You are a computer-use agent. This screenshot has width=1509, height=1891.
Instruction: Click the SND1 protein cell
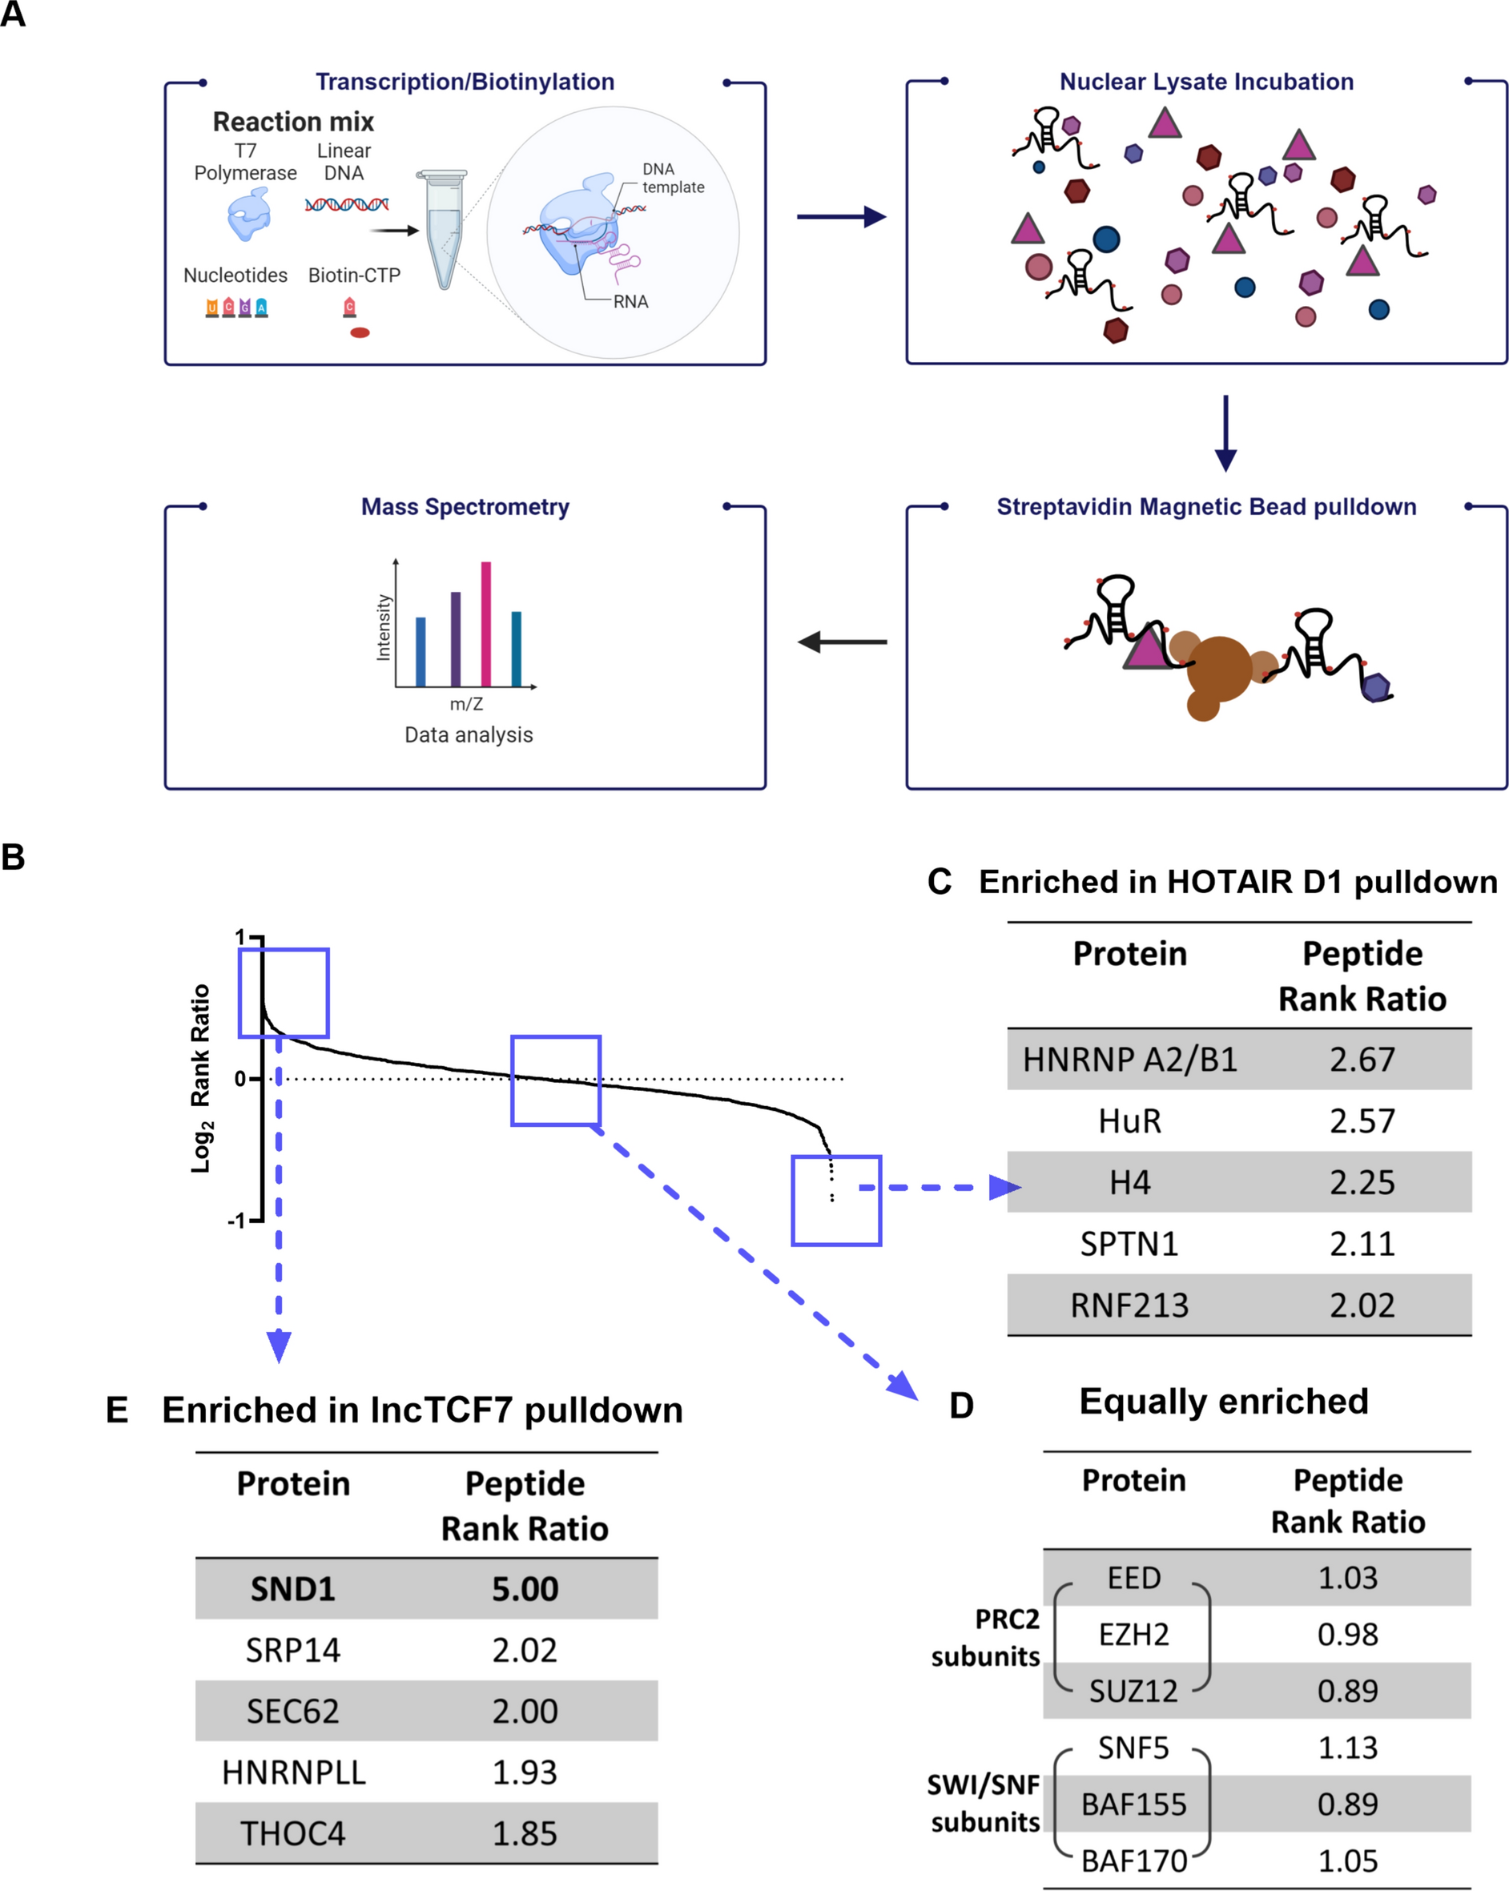tap(292, 1588)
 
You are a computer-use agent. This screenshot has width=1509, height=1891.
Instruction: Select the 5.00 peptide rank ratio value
tap(525, 1588)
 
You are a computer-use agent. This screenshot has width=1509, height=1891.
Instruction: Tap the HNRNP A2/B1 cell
tap(1129, 1060)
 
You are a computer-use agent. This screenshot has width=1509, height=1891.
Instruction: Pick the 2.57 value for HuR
tap(1362, 1121)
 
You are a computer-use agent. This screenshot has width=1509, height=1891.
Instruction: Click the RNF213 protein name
tap(1129, 1305)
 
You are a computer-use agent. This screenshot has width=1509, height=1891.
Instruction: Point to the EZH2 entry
tap(1133, 1634)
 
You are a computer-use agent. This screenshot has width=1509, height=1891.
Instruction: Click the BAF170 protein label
tap(1133, 1861)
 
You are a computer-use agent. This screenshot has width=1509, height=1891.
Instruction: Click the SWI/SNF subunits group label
tap(984, 1803)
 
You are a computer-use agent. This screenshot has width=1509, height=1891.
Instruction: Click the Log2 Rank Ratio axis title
tap(201, 1078)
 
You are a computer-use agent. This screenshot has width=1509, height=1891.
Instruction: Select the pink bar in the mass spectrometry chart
tap(486, 624)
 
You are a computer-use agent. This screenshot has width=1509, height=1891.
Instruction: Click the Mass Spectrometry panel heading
tap(465, 507)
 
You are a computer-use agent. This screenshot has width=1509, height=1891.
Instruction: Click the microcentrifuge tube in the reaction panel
tap(444, 229)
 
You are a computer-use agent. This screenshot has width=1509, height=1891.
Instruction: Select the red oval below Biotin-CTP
tap(360, 332)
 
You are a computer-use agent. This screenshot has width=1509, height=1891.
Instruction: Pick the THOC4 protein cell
tap(292, 1833)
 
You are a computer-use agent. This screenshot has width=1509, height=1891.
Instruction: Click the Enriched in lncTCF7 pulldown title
tap(422, 1410)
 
